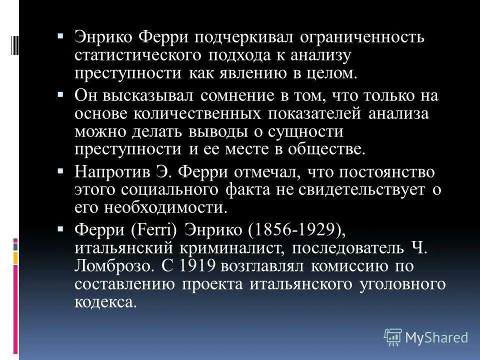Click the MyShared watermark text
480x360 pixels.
pyautogui.click(x=436, y=337)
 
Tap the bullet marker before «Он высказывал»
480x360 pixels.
pyautogui.click(x=60, y=93)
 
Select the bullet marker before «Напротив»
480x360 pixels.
pyautogui.click(x=60, y=170)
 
